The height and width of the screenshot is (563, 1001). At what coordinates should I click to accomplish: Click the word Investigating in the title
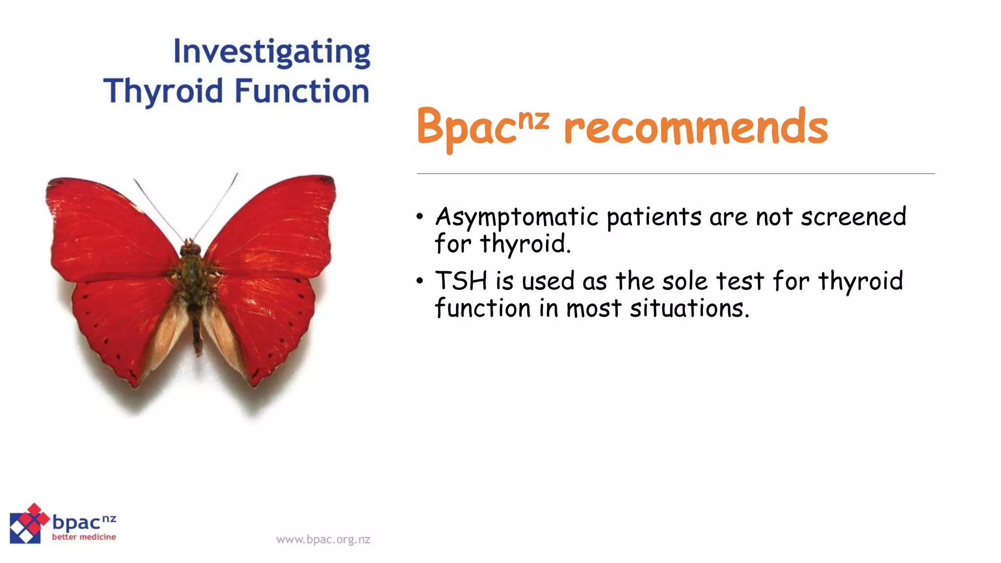pyautogui.click(x=272, y=52)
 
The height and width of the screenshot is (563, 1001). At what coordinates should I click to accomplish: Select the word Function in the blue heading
pyautogui.click(x=302, y=91)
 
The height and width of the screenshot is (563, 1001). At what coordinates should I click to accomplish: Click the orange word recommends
pyautogui.click(x=696, y=128)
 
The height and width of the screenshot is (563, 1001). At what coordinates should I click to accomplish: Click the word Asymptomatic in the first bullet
pyautogui.click(x=517, y=217)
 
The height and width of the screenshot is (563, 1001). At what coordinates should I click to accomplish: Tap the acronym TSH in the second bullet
pyautogui.click(x=461, y=281)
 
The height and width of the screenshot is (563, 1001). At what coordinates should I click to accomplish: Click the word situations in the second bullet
pyautogui.click(x=689, y=308)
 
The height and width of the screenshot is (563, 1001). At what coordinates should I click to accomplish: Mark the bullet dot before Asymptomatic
pyautogui.click(x=420, y=217)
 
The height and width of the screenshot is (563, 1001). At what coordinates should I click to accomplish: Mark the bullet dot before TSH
pyautogui.click(x=420, y=281)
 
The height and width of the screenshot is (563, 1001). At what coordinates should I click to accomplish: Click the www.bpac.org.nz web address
pyautogui.click(x=323, y=540)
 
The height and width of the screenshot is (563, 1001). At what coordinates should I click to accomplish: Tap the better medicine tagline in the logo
pyautogui.click(x=84, y=537)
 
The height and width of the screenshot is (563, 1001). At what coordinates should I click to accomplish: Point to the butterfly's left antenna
pyautogui.click(x=157, y=208)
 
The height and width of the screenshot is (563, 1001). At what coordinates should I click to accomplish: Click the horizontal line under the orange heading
pyautogui.click(x=675, y=173)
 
